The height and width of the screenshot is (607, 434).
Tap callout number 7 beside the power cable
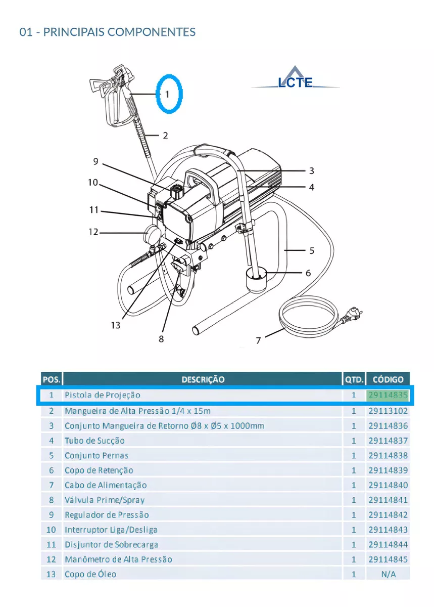click(258, 340)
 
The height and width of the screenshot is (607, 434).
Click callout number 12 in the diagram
click(93, 232)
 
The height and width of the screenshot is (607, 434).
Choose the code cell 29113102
click(388, 411)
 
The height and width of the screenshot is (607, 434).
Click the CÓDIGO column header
click(388, 379)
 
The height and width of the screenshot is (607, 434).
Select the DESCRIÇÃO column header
click(203, 379)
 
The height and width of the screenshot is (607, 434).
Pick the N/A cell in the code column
click(388, 574)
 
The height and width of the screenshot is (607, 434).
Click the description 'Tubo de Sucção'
click(94, 441)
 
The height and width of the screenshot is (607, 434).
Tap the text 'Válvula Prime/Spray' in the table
click(105, 500)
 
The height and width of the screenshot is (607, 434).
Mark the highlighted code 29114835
click(388, 395)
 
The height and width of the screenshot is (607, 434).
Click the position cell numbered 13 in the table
click(51, 574)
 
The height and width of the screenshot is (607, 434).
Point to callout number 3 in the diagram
click(312, 171)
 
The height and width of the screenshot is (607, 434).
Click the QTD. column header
click(354, 379)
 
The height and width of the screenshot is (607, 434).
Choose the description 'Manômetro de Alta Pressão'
click(118, 559)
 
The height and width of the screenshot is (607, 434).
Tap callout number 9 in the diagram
click(95, 162)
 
